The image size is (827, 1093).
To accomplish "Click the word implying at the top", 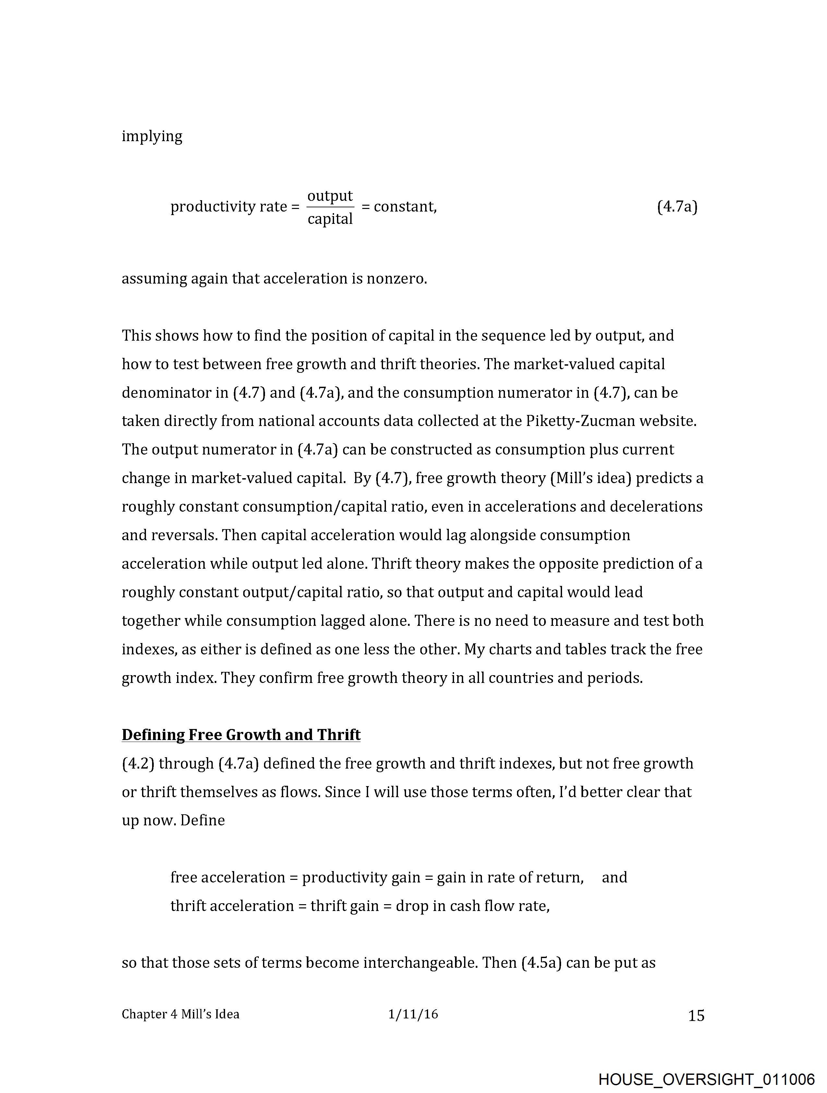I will [x=152, y=136].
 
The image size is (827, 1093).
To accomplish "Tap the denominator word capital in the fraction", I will [x=330, y=218].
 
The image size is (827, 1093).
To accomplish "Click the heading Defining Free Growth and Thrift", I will [x=241, y=735].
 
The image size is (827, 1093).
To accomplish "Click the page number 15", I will [x=696, y=1015].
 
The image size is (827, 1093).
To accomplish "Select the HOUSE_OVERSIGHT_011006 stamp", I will [x=706, y=1079].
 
